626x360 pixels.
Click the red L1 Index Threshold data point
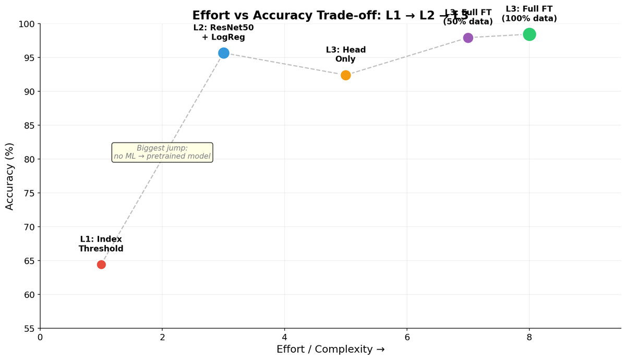tap(101, 265)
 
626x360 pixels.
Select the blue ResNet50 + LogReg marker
tap(224, 53)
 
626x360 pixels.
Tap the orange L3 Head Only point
tap(346, 75)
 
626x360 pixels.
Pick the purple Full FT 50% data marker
tap(468, 38)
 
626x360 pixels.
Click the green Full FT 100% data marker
tap(529, 34)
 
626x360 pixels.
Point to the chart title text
tap(330, 16)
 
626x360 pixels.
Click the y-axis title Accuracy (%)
tap(10, 176)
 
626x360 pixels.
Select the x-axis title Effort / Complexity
tap(330, 350)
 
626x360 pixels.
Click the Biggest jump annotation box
tap(162, 152)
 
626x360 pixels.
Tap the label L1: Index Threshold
tap(101, 244)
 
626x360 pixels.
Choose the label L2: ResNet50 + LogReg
tap(223, 32)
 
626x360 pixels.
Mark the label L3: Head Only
tap(346, 55)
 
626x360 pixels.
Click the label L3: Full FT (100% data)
tap(529, 14)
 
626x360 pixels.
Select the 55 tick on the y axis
tap(29, 329)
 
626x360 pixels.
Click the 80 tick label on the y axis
tap(29, 159)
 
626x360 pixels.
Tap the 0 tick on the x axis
tap(40, 338)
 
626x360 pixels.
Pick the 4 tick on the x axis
tap(285, 338)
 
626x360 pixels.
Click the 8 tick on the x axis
tap(529, 338)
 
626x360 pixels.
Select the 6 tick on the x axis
tap(407, 338)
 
